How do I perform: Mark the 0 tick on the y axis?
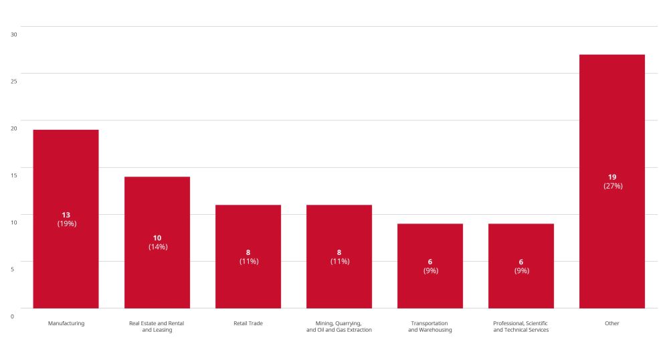tap(12, 316)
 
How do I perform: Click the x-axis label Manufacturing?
tap(66, 323)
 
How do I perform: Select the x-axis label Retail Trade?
tap(248, 323)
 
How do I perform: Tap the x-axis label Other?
tap(612, 323)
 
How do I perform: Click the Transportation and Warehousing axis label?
tap(430, 327)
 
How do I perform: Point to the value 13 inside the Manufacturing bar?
tap(66, 215)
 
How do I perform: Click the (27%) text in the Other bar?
tap(613, 186)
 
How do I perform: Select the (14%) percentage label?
tap(158, 247)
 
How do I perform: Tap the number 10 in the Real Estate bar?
tap(157, 238)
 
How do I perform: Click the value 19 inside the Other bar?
tap(612, 177)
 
